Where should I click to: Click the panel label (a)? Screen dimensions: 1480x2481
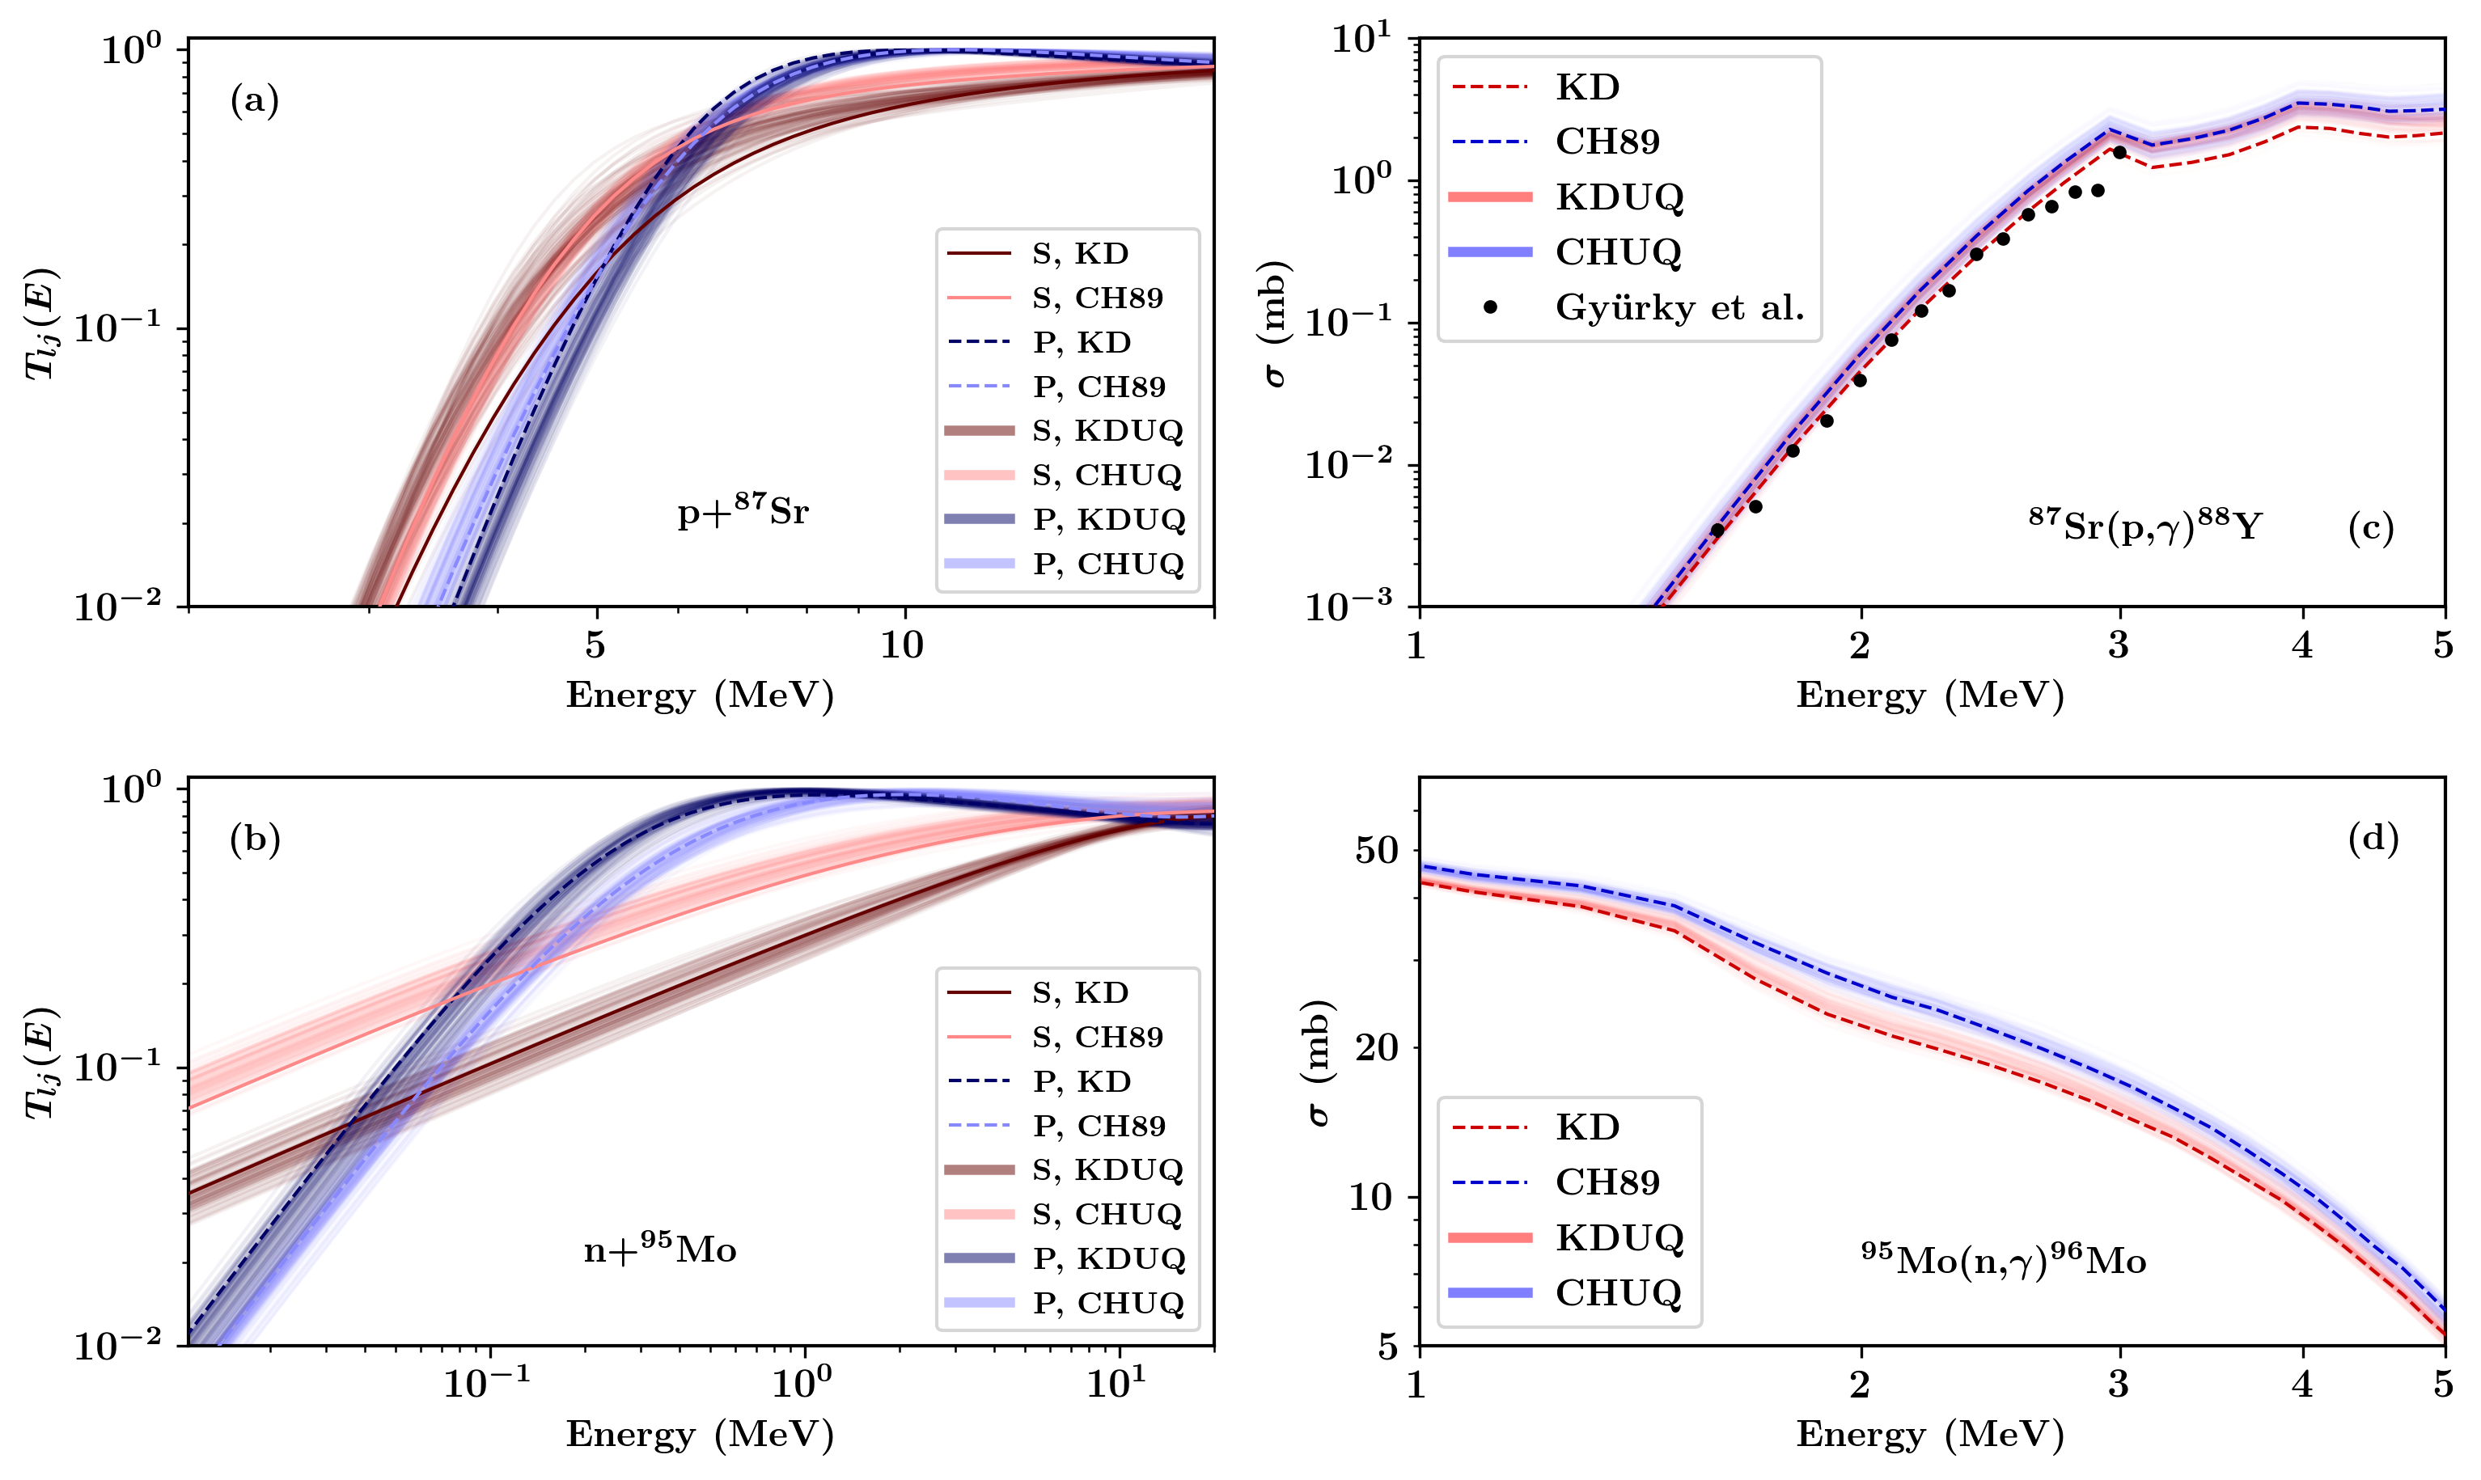254,101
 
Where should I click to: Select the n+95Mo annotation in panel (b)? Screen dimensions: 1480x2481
659,1249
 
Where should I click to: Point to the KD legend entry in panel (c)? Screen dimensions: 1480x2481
1587,88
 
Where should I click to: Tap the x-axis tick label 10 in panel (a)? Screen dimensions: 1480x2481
902,646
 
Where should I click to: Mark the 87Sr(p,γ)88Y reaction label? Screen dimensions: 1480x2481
2144,525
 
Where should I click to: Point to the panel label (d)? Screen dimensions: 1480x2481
2373,839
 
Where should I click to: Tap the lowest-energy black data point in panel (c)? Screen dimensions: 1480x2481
1717,531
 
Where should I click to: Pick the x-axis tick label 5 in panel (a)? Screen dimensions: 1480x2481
595,646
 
